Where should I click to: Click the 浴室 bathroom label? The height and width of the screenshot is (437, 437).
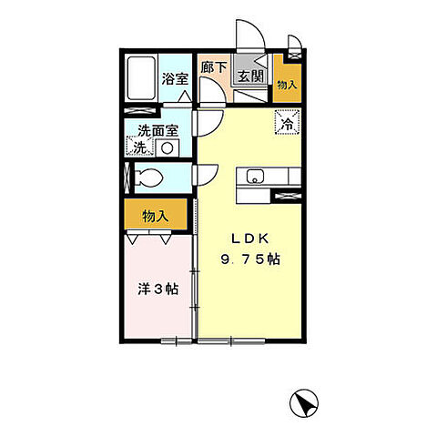click(x=176, y=79)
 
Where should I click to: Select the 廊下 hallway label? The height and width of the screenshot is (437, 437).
click(x=214, y=67)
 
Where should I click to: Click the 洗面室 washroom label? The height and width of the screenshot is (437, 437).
click(x=158, y=129)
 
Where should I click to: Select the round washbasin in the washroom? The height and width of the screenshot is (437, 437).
click(x=168, y=146)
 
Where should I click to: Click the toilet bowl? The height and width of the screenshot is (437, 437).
click(x=147, y=178)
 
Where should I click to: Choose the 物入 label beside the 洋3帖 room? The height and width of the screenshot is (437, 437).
click(x=156, y=216)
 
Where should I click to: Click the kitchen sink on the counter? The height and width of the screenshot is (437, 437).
click(x=254, y=177)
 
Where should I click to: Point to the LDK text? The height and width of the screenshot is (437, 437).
click(x=247, y=239)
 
